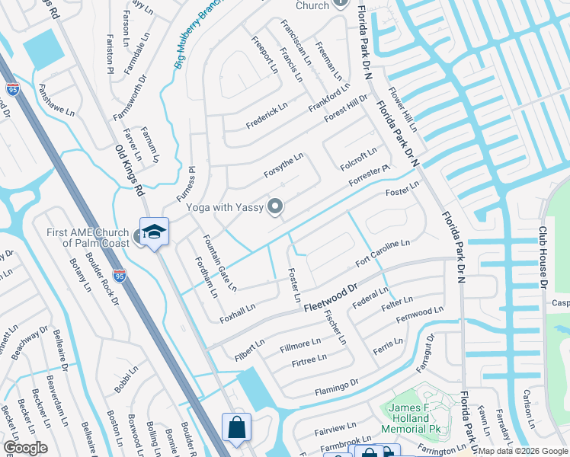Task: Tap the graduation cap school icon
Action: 154,232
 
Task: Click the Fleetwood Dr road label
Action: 331,298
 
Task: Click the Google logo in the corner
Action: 24,448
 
